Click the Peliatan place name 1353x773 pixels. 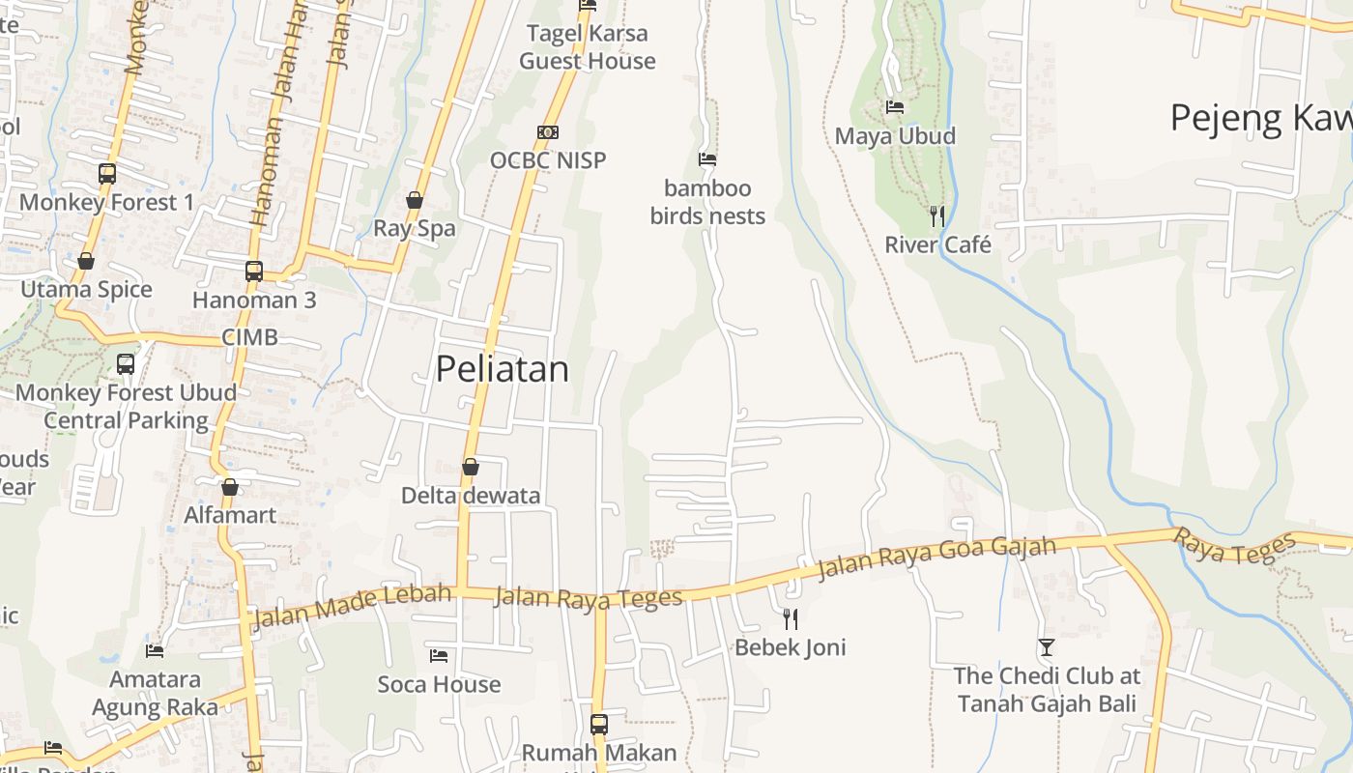coord(502,369)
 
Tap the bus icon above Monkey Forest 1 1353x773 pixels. coord(107,174)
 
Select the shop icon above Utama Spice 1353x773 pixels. coord(86,261)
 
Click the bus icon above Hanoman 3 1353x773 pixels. coord(254,272)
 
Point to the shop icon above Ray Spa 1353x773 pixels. coord(415,200)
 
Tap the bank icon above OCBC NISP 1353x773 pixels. coord(548,131)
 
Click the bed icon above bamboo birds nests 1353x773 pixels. coord(707,159)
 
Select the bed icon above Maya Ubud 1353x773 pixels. coord(895,107)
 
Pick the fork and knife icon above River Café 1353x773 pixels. coord(936,215)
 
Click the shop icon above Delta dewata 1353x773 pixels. coord(471,467)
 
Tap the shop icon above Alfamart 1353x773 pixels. coord(230,486)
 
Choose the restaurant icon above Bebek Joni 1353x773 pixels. coord(791,618)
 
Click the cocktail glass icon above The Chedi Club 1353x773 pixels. coord(1047,646)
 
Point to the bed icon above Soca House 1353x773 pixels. coord(439,656)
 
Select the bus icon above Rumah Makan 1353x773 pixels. coord(599,724)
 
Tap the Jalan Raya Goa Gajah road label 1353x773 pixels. coord(936,558)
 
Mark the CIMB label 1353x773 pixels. coord(249,337)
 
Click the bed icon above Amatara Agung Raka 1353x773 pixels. coord(155,650)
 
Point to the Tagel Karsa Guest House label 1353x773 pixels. coord(588,47)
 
